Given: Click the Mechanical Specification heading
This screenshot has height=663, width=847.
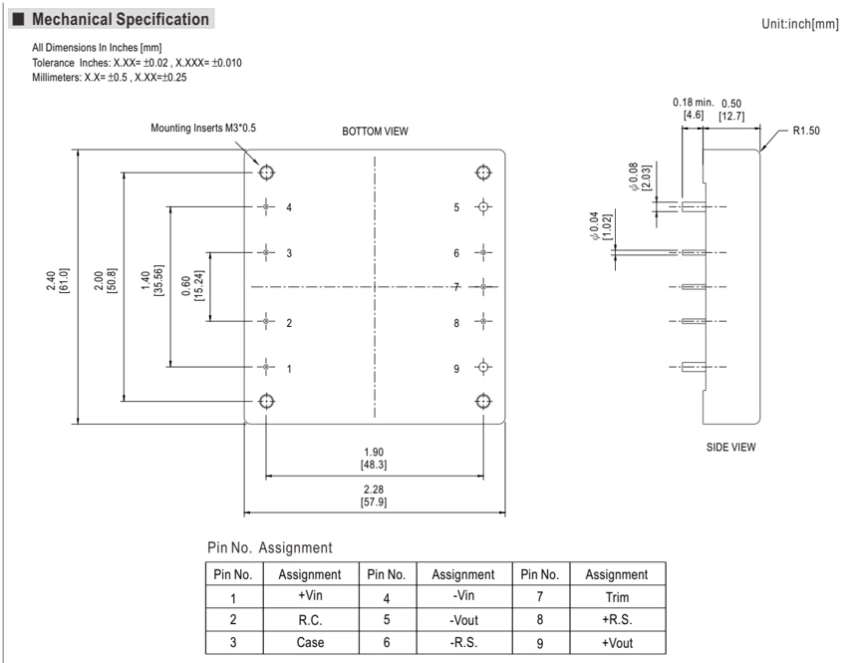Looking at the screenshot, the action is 120,20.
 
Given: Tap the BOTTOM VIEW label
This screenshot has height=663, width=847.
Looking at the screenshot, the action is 375,132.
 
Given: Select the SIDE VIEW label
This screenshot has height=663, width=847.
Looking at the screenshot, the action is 730,447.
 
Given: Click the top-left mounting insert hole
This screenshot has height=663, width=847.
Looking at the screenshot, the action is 266,172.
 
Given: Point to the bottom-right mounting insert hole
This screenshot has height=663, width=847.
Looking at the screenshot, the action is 483,401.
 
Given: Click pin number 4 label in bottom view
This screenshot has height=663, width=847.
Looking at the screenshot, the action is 289,207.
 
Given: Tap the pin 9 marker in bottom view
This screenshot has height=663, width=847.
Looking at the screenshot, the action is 483,368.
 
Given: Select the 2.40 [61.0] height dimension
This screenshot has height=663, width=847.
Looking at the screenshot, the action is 58,280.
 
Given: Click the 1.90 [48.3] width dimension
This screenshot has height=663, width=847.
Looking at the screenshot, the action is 374,459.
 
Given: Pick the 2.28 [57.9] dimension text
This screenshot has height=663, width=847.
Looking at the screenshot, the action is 374,496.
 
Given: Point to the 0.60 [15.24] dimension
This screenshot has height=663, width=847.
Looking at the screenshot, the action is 193,286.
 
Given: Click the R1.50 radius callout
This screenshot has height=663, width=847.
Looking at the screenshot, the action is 806,131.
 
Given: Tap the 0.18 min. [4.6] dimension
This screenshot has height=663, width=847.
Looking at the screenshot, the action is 694,109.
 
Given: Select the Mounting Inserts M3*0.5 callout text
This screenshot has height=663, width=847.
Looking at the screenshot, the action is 203,128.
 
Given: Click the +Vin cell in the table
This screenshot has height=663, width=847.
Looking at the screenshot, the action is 310,595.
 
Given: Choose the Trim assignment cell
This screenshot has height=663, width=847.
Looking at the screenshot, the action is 617,597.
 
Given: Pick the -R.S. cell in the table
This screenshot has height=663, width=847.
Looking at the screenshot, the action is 463,642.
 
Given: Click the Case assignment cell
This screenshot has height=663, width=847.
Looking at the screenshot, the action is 310,642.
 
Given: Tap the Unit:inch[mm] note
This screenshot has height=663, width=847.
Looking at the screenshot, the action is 800,24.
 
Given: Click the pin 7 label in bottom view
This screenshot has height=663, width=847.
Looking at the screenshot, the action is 456,287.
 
